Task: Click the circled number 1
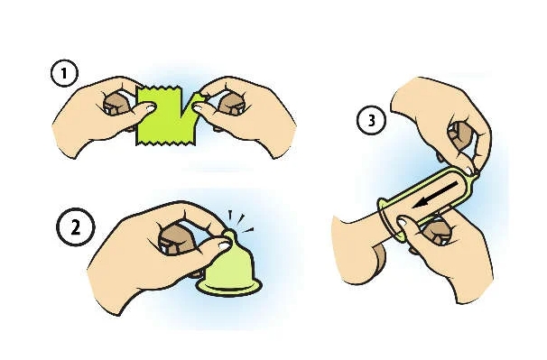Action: tap(64, 74)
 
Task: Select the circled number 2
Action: tap(75, 227)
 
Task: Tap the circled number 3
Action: tap(371, 120)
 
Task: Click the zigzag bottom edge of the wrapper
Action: tap(164, 143)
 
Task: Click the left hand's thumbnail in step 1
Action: tap(150, 107)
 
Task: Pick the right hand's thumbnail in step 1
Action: tap(199, 108)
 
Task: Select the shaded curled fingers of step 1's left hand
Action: tap(117, 105)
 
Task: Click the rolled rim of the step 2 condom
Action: tap(229, 287)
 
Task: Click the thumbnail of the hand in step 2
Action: tap(223, 245)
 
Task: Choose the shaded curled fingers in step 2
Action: tap(176, 238)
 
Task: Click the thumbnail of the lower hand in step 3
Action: tap(402, 222)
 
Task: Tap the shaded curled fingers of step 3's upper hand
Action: tap(459, 135)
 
